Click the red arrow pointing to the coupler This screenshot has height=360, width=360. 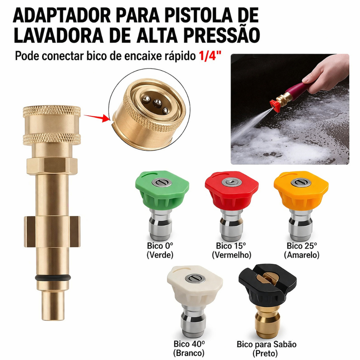click(96, 117)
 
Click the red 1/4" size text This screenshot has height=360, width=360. click(207, 56)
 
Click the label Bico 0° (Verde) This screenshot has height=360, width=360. click(160, 250)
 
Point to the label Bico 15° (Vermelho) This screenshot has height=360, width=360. click(231, 250)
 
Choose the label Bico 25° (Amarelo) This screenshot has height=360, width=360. click(302, 250)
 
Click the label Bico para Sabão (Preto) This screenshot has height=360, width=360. click(266, 348)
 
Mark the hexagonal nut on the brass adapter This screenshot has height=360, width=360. click(52, 165)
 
